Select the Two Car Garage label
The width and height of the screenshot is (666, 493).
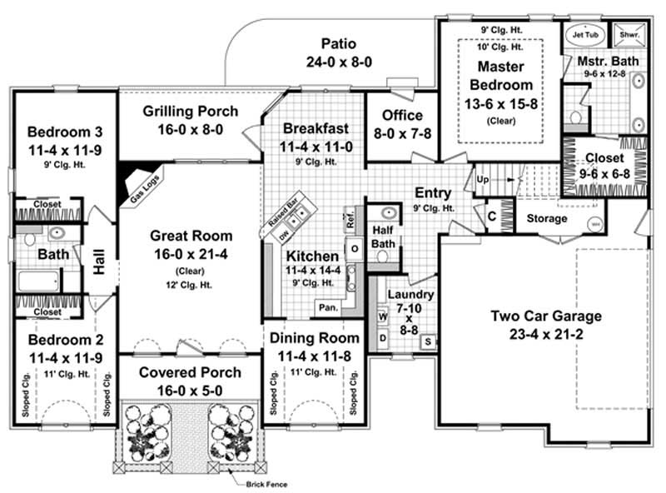point(545,316)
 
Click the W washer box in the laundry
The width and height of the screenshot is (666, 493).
point(382,317)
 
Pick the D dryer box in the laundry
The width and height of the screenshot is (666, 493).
point(382,339)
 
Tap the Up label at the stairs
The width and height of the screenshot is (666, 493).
point(482,179)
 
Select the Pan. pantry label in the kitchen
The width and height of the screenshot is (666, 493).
point(326,307)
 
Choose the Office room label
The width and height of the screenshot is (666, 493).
point(402,115)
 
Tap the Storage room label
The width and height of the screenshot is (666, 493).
point(547,219)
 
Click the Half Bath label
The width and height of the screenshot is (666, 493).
point(385,237)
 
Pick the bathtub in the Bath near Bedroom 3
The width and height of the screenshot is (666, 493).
point(37,280)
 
